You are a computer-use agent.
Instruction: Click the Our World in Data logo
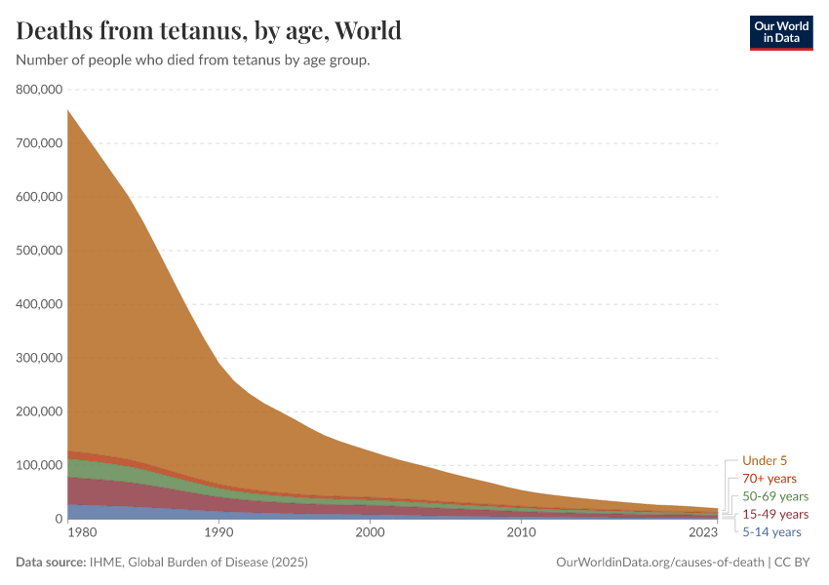pos(781,33)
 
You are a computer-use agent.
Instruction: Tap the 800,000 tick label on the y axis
pos(39,90)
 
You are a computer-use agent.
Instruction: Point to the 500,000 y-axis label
pos(39,251)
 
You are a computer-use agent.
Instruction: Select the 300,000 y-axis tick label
pos(39,358)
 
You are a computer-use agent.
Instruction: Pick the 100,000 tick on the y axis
pos(39,465)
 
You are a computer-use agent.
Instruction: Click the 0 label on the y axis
pos(59,519)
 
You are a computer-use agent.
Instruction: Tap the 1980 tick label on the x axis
pos(83,532)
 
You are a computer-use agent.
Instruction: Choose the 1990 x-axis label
pos(218,532)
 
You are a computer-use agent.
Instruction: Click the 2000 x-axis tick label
pos(370,532)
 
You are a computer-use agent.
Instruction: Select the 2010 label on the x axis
pos(522,532)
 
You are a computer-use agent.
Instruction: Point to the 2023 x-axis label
pos(703,532)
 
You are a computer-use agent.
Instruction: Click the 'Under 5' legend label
pos(765,461)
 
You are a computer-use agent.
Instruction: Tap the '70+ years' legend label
pos(770,479)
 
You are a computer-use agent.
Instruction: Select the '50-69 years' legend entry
pos(775,496)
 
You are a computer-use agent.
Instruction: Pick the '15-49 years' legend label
pos(775,514)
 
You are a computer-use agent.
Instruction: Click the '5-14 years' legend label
pos(771,532)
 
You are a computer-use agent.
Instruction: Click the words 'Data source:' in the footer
pos(51,563)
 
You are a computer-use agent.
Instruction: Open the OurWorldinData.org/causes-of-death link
pos(660,563)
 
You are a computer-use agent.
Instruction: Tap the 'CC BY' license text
pos(792,563)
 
